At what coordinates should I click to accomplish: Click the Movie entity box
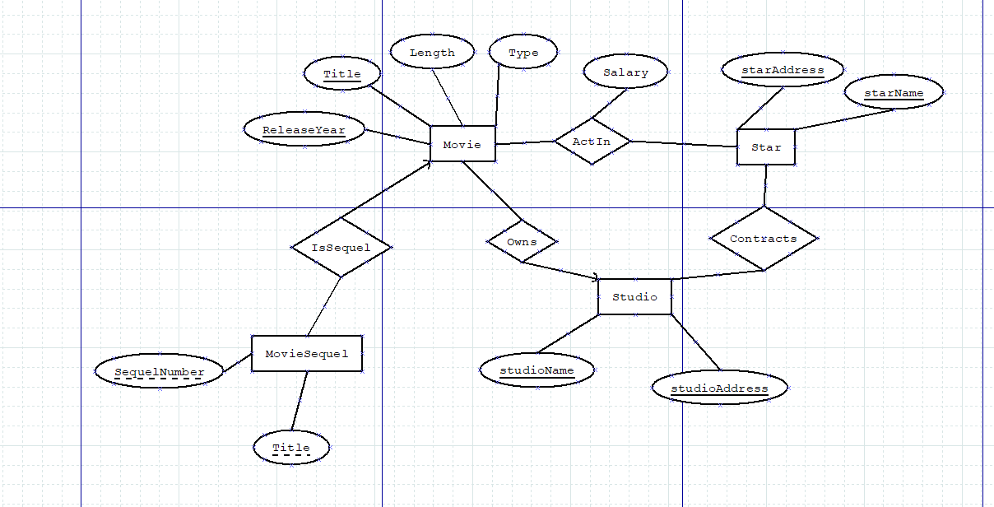[462, 144]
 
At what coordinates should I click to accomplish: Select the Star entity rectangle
[766, 147]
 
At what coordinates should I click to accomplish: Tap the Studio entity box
[634, 297]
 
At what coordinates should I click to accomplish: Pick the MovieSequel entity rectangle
[307, 354]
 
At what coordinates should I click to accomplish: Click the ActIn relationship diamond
[592, 142]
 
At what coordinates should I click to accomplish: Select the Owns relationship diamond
[522, 242]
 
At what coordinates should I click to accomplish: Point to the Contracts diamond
[764, 239]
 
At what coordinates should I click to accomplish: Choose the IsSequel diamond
[341, 247]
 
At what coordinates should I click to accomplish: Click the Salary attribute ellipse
[625, 72]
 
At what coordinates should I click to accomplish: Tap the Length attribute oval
[432, 53]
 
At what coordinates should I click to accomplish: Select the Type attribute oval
[523, 53]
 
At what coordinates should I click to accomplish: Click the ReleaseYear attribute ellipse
[304, 130]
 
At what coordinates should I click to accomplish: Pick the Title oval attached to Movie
[342, 74]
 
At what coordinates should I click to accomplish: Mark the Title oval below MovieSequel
[291, 448]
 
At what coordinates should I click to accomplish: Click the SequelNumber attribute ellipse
[159, 372]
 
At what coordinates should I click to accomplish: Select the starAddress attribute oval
[783, 70]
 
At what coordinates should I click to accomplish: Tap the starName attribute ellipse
[894, 93]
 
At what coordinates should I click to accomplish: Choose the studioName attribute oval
[537, 370]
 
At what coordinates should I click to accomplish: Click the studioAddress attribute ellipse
[719, 388]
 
